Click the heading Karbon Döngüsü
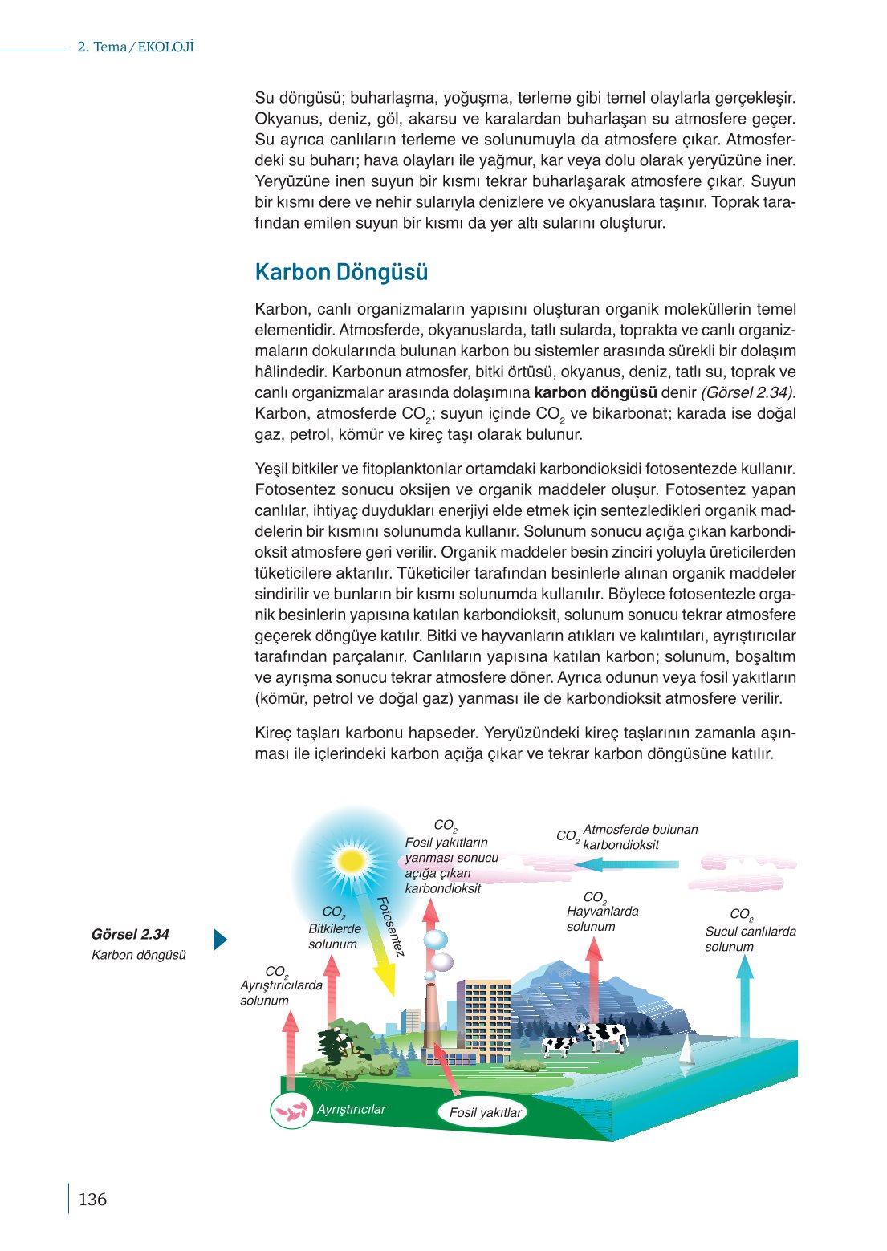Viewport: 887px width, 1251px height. pos(341,272)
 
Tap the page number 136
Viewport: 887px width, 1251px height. pos(92,1200)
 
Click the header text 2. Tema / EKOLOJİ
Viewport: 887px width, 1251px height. pos(136,47)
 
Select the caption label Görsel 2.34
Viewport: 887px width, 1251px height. pos(130,934)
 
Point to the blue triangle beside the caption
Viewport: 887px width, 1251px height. pos(220,940)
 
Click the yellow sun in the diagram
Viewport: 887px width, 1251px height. pos(352,861)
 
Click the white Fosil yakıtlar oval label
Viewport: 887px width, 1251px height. pos(485,1112)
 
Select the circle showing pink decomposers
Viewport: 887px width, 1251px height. pos(291,1111)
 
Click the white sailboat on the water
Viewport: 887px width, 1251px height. pos(686,1050)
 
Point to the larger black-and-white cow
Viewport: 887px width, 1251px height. pos(602,1036)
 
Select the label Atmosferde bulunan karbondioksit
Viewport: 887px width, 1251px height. pos(640,837)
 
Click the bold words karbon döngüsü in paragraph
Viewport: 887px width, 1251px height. pos(595,393)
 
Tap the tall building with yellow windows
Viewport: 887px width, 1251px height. pos(486,1019)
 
